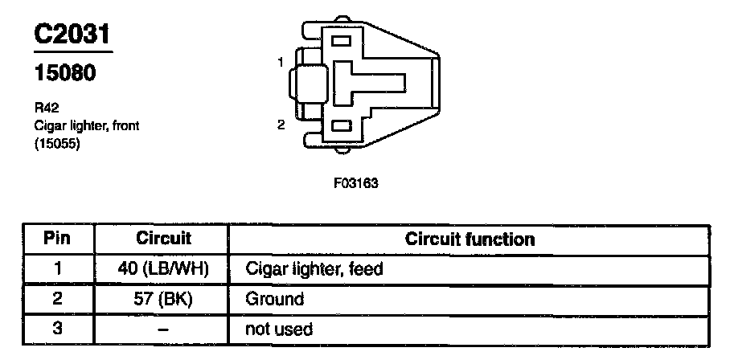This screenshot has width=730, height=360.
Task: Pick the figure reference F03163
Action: pos(355,182)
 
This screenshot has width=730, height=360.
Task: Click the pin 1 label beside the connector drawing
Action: pos(281,62)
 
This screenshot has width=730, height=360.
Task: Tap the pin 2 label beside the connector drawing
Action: pos(281,125)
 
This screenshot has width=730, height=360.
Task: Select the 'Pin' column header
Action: pos(57,239)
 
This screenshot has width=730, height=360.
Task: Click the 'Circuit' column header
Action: pos(162,239)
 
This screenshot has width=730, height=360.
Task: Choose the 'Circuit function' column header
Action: pos(470,239)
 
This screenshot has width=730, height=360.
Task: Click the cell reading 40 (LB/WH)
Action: pos(162,269)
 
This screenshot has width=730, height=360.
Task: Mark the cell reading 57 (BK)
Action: pos(162,299)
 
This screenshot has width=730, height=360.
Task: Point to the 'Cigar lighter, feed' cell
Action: pos(314,269)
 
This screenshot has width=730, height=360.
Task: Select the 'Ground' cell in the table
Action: pos(275,299)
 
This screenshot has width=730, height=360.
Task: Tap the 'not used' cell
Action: pos(278,329)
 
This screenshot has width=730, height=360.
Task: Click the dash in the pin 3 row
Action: pos(162,329)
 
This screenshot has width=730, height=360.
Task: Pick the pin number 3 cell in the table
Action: pos(57,329)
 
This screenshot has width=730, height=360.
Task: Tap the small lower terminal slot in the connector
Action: pos(341,126)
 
